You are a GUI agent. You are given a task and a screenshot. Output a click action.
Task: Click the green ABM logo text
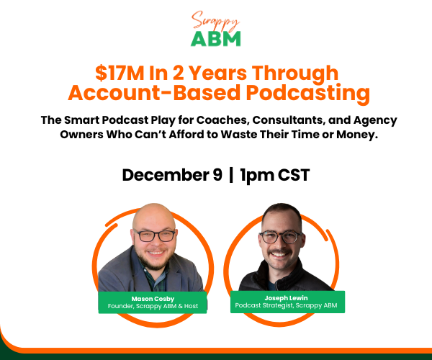[216, 39]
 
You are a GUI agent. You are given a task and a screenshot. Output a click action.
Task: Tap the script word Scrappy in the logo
[215, 21]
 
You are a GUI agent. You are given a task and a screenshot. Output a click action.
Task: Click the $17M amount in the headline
[120, 73]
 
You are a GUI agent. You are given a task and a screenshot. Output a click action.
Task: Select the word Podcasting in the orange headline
[307, 93]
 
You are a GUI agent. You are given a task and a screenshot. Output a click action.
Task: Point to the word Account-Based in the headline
[154, 93]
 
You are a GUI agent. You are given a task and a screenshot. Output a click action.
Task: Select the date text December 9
[172, 175]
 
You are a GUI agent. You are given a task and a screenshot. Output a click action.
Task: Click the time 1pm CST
[275, 176]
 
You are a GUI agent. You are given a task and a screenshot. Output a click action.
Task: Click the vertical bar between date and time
[231, 175]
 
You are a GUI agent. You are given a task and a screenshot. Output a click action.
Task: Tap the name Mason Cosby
[153, 299]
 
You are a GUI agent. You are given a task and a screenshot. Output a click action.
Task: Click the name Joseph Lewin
[286, 298]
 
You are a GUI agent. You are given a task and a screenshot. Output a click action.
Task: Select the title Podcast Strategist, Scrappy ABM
[286, 305]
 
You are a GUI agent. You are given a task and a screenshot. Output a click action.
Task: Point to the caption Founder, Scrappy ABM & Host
[153, 306]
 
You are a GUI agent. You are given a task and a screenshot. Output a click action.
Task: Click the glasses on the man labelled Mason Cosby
[156, 235]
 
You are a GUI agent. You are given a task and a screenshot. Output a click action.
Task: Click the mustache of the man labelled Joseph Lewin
[279, 252]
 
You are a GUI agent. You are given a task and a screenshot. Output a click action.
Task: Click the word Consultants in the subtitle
[289, 120]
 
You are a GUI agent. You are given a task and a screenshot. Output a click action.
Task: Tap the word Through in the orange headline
[295, 74]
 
